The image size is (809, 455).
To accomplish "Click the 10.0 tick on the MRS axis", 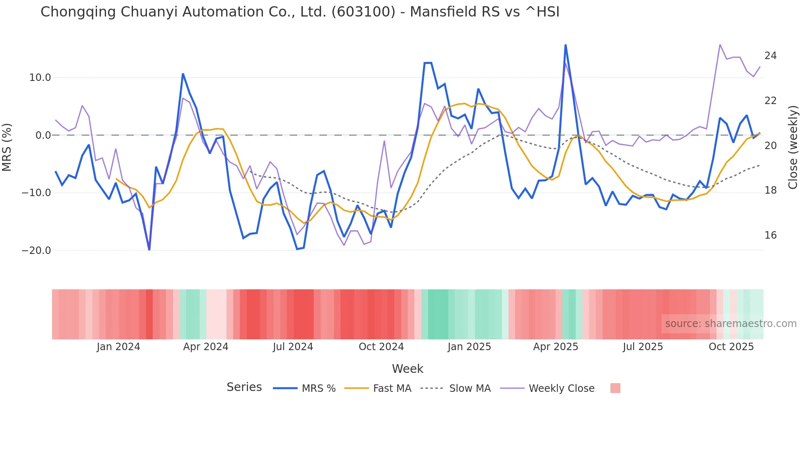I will point(40,78).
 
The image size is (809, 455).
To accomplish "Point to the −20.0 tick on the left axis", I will point(36,251).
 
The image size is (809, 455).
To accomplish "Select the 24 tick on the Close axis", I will point(770,56).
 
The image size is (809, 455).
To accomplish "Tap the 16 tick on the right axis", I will point(770,235).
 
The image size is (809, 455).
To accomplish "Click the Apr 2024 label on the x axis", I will point(206,347).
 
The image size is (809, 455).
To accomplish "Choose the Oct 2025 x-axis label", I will point(731,347).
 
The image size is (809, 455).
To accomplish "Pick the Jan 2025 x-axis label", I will point(469,347).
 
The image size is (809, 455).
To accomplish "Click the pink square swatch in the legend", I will point(615,388).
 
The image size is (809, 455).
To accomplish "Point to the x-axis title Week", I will point(407,369).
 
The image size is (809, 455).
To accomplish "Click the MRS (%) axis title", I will point(7,147).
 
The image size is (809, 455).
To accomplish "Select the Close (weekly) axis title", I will point(793,147).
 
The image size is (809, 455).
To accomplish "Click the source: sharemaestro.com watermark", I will point(731,324).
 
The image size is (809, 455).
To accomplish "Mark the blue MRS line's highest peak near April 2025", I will point(565,45).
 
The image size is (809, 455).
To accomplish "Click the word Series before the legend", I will point(244,387).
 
